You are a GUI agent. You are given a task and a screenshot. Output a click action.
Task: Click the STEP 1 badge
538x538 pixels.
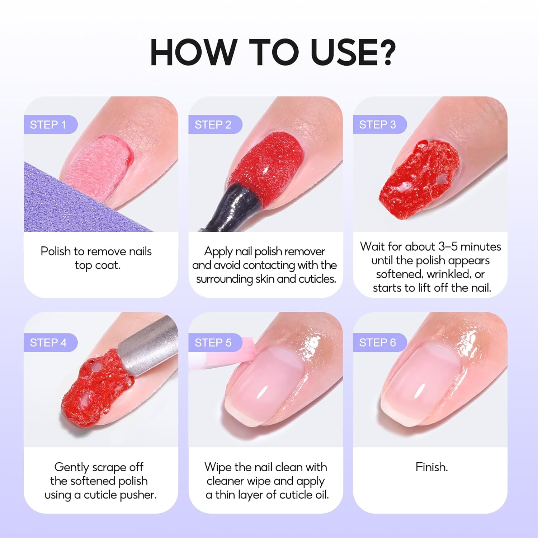coord(48,124)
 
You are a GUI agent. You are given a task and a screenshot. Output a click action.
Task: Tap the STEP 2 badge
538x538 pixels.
coord(213,124)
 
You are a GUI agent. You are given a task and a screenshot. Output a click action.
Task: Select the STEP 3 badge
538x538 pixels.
coord(378,124)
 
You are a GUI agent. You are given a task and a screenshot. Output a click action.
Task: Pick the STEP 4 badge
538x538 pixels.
coord(48,343)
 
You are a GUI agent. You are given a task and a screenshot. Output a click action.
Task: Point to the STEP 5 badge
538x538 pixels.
coord(213,343)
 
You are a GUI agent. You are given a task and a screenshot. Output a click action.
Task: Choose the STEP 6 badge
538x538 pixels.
coord(378,343)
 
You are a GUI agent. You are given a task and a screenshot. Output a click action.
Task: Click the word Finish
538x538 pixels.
coord(431,467)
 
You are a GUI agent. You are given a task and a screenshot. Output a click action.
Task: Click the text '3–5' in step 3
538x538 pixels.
coord(448,247)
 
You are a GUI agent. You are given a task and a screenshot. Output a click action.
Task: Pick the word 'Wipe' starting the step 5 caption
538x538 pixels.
coord(218,467)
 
